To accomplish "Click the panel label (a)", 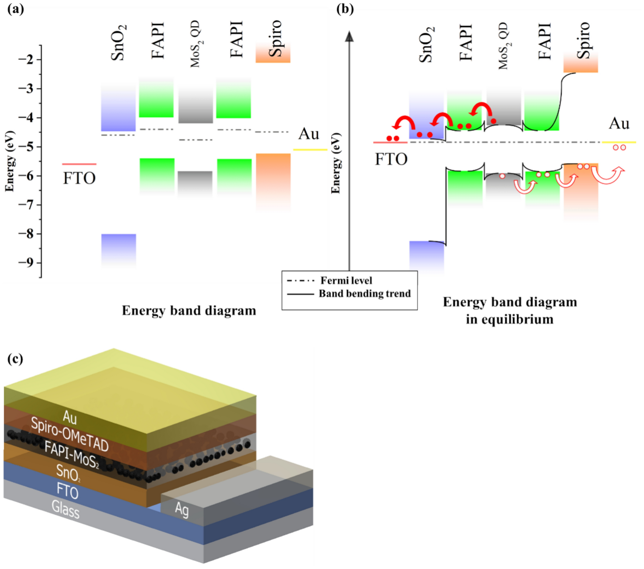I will pos(16,9).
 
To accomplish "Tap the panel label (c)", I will pos(15,359).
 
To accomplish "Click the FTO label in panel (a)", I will pos(79,178).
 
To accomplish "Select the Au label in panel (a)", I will pos(309,134).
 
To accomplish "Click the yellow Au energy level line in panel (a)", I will pos(310,150).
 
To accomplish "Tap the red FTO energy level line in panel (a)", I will pos(79,164).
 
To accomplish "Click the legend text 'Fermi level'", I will pos(346,281).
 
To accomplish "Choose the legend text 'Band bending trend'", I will pos(365,294).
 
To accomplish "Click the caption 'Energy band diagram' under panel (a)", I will pos(189,311).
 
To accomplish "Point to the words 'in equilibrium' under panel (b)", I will pos(510,319).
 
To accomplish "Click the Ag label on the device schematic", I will pos(182,509).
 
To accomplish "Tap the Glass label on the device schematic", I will pos(66,509).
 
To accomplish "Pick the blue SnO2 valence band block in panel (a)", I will pos(118,249).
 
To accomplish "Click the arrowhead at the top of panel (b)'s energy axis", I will pos(349,36).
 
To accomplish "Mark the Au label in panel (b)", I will pos(619,124).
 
